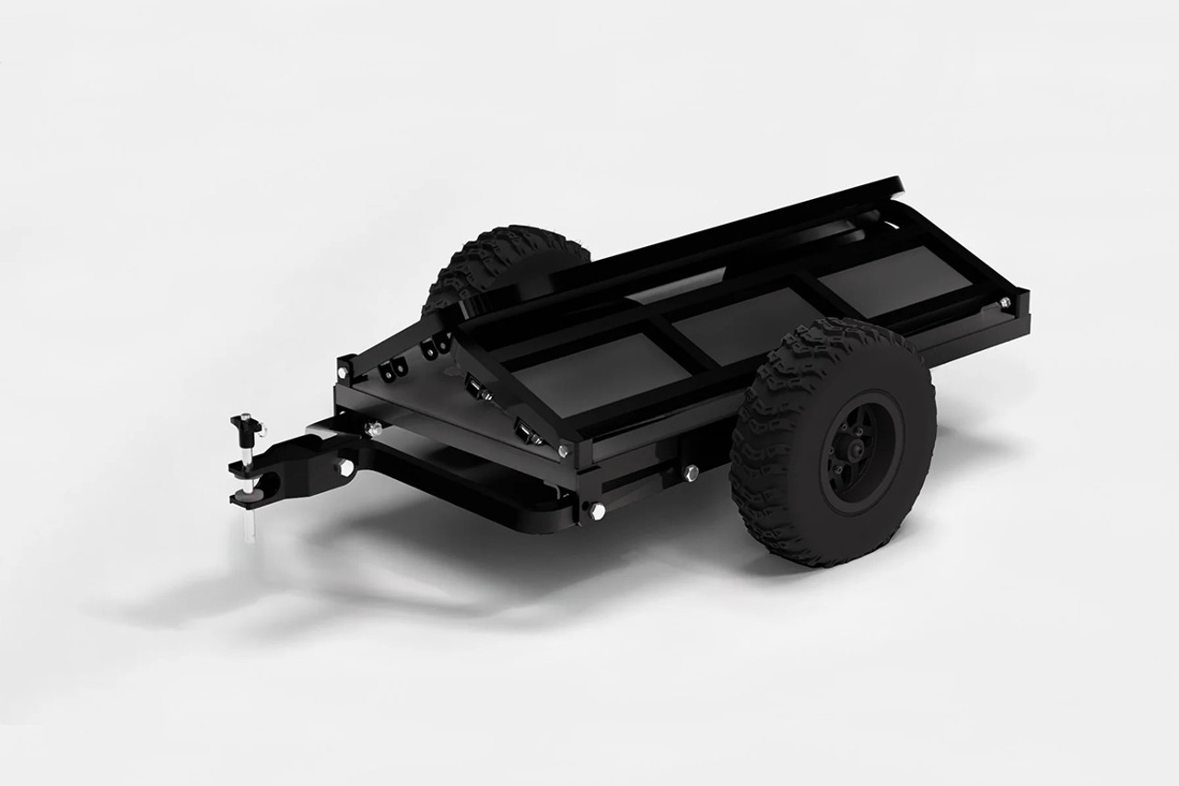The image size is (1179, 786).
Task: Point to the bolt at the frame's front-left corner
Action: [343, 371]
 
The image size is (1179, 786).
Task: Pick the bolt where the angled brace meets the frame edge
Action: [563, 451]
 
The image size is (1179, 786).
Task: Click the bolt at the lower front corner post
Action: [597, 509]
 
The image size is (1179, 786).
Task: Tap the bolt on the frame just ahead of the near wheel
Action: [691, 474]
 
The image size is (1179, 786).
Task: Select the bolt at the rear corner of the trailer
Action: [1005, 301]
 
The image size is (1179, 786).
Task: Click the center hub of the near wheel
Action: [858, 452]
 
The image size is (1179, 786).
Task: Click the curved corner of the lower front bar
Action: [543, 516]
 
